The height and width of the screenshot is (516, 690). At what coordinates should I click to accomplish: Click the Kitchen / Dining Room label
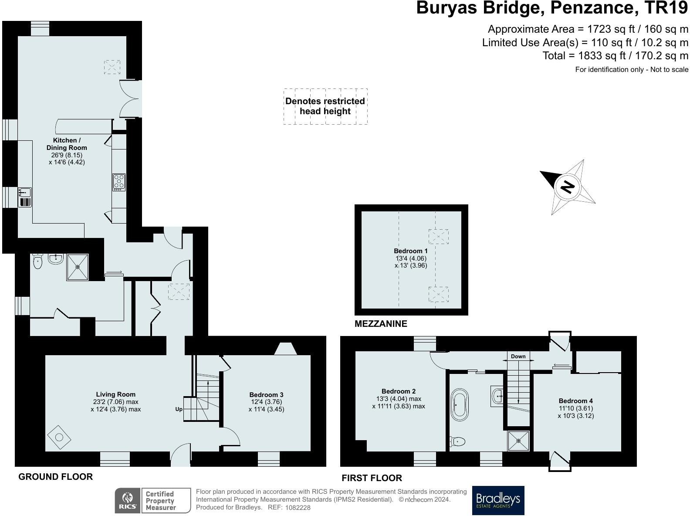click(67, 144)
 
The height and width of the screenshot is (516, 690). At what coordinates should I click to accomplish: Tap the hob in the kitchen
click(119, 182)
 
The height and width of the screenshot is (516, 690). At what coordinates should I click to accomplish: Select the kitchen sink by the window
click(24, 192)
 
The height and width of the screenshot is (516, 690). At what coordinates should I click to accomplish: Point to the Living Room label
click(115, 394)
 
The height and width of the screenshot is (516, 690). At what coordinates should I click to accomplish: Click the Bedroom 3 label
click(266, 394)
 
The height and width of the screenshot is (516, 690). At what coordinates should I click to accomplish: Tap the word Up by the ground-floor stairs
click(179, 409)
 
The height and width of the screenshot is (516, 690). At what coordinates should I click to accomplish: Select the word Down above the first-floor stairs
click(518, 356)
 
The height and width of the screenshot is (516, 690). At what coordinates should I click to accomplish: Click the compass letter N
click(568, 187)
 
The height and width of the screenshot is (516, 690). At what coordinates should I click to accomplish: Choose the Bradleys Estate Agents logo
click(498, 500)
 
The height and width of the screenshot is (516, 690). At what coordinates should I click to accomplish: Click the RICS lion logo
click(128, 500)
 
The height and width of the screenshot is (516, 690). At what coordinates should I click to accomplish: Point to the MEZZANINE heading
click(381, 324)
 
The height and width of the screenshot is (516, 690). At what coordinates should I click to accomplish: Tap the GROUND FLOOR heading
click(55, 477)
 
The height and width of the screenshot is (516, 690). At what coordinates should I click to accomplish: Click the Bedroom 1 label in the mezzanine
click(410, 251)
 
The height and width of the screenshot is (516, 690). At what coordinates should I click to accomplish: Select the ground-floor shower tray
click(78, 267)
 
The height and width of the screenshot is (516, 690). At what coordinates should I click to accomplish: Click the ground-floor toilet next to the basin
click(38, 261)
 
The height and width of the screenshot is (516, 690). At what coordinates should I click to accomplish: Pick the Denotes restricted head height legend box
click(325, 106)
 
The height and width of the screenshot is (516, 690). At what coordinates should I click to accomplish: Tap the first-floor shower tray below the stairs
click(519, 441)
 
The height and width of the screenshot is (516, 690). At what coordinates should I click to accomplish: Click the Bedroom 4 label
click(575, 401)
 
